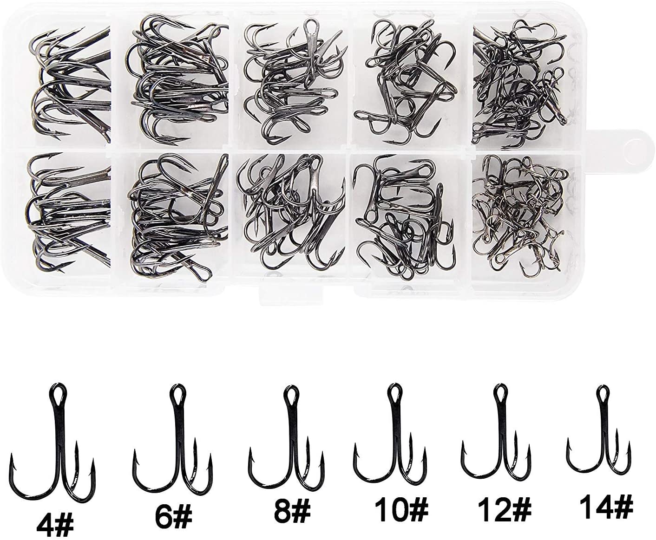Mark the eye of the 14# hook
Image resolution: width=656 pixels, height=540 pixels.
click(603, 392)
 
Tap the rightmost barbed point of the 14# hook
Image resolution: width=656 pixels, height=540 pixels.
click(630, 446)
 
